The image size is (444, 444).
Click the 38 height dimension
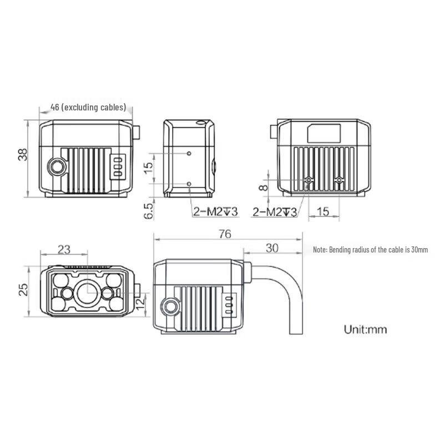23,155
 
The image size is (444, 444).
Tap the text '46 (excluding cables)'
88,107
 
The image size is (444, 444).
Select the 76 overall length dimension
225,234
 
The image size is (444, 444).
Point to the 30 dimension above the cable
272,248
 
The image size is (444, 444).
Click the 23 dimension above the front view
64,249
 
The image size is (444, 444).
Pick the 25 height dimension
23,290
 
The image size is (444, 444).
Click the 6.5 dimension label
148,211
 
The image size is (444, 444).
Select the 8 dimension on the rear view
263,187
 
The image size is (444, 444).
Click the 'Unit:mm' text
365,329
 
